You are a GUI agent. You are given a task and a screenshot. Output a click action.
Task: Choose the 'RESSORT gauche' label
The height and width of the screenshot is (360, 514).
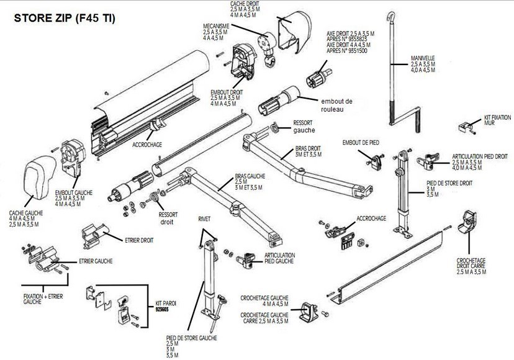(304, 126)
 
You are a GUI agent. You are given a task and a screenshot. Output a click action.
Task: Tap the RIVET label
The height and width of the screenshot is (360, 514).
(205, 220)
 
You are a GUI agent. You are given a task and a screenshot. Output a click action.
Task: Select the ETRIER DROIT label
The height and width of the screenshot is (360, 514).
(138, 239)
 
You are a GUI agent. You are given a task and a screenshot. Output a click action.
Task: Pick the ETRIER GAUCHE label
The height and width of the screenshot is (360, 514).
(96, 261)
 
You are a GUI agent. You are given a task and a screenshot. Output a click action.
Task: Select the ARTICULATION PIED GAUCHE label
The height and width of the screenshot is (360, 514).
(279, 258)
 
